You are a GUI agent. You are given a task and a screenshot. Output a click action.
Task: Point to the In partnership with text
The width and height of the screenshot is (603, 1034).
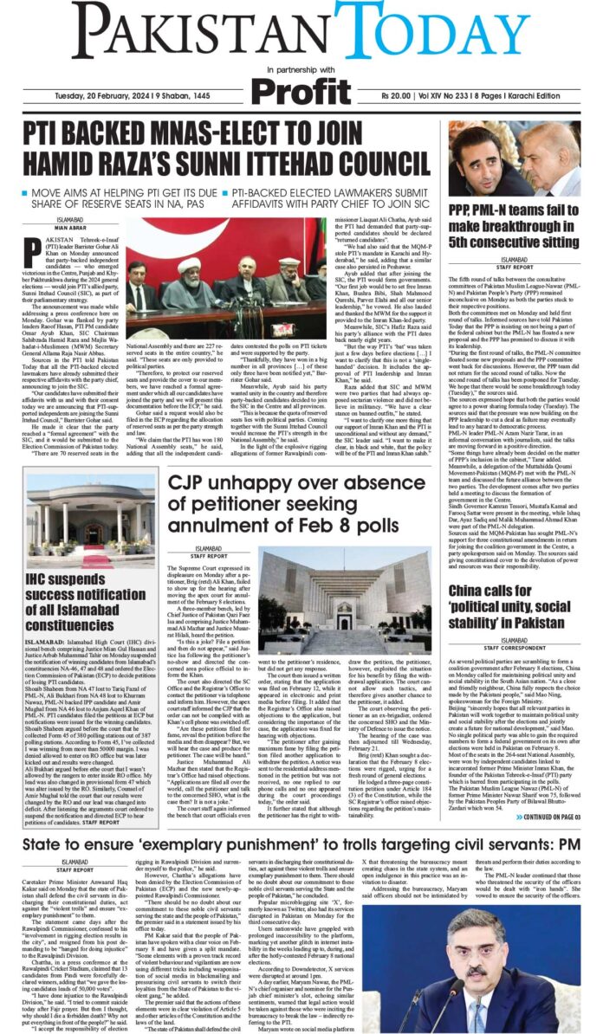pyautogui.click(x=301, y=68)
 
